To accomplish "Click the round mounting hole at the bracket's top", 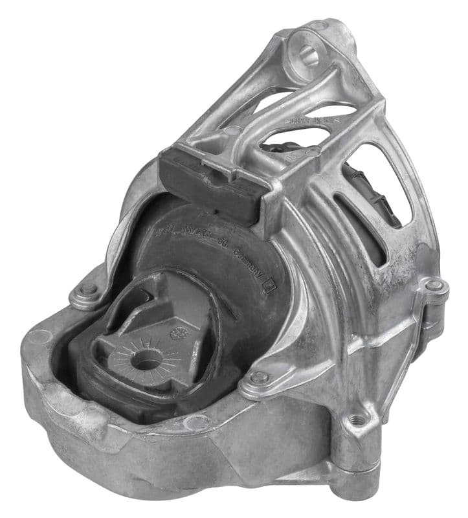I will point(307,53).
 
